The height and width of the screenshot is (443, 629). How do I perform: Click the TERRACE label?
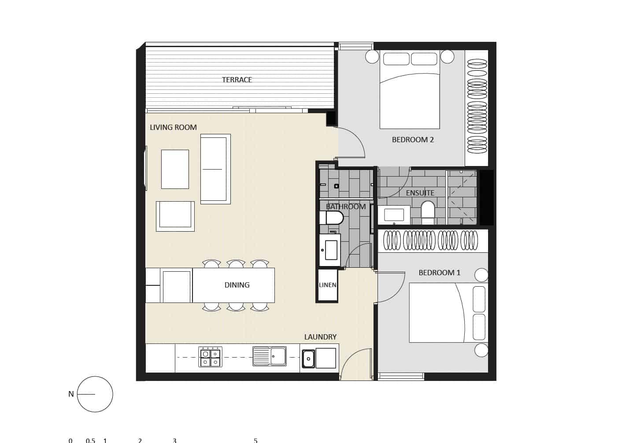[x=237, y=80]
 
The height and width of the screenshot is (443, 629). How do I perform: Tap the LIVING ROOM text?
[x=173, y=127]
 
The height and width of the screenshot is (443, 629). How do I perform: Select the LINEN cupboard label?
[x=327, y=285]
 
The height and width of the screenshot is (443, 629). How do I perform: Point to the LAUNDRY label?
[x=320, y=337]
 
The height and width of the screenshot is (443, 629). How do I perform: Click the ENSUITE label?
[x=420, y=193]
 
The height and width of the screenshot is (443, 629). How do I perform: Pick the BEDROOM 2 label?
[x=413, y=140]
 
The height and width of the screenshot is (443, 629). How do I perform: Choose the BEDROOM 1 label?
[x=439, y=273]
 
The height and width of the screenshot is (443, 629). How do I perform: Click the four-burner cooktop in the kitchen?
[x=211, y=357]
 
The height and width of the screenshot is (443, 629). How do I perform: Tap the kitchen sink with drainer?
[x=270, y=356]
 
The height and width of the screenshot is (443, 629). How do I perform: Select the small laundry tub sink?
[x=308, y=359]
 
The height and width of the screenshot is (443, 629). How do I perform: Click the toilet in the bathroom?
[x=331, y=218]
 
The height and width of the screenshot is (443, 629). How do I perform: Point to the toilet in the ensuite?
[x=428, y=210]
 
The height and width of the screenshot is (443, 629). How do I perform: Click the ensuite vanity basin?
[x=394, y=215]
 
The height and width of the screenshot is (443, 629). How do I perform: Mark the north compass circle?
[x=95, y=394]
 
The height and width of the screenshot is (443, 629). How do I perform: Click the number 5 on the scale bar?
[x=255, y=440]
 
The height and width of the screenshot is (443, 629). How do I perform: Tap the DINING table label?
[x=237, y=285]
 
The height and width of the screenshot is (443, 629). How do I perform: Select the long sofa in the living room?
[x=215, y=169]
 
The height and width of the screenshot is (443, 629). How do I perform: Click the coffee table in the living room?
[x=175, y=169]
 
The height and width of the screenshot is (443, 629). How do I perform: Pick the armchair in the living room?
[x=175, y=216]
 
